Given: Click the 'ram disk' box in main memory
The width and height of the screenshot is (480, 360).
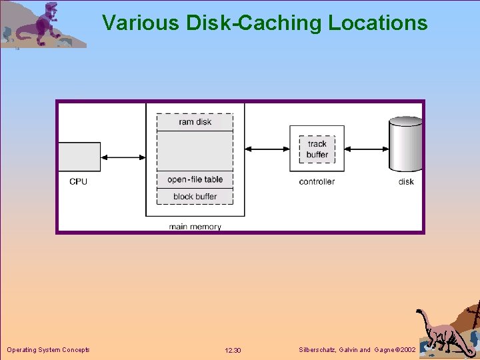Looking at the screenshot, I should coord(195,122).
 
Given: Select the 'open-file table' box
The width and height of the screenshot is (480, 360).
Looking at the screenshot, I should coord(195,180).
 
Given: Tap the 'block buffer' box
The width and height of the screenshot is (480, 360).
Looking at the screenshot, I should coord(195,197).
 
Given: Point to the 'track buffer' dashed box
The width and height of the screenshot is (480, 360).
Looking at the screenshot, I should coord(317,149).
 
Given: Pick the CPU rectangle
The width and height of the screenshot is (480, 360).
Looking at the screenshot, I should coord(79,157).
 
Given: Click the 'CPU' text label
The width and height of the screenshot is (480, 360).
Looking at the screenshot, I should coord(78,181).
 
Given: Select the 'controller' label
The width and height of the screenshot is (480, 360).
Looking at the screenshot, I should coord(317,181).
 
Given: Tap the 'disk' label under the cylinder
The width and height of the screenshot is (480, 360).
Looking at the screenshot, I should coord(406,181).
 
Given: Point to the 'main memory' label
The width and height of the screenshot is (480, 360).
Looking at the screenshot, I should coord(195,227).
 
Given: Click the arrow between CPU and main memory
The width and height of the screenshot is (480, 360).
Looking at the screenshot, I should coord(123,157).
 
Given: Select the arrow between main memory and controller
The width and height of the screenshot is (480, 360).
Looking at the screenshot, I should coord(267,148).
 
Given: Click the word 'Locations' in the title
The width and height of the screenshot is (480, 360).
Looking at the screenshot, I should coord(377,23).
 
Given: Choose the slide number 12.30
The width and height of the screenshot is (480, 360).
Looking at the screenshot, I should coord(233,350).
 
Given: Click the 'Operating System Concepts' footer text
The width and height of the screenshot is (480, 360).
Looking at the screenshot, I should coord(48,350).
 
